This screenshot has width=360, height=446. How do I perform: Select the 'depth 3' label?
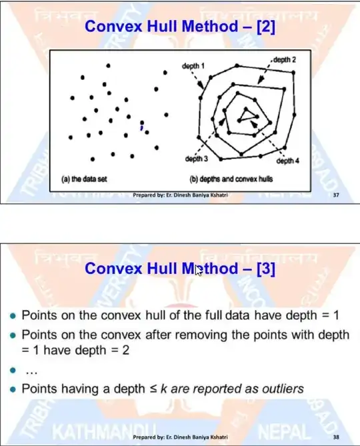(x=197, y=159)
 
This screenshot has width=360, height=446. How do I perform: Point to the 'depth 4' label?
(x=287, y=161)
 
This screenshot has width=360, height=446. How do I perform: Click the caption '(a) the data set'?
(x=84, y=179)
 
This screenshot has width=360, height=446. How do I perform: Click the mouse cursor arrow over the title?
(x=198, y=271)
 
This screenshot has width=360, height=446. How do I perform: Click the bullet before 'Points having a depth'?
(x=13, y=389)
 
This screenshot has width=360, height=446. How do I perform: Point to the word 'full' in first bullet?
(x=245, y=314)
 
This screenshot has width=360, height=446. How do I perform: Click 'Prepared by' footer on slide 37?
(x=180, y=195)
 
